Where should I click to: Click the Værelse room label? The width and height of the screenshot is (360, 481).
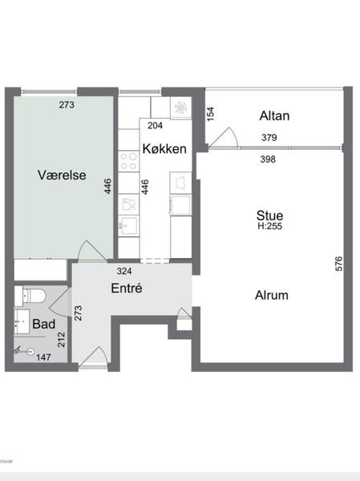pyautogui.click(x=61, y=174)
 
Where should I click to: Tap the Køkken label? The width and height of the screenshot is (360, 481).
pyautogui.click(x=165, y=148)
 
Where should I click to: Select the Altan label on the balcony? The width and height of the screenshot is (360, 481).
pyautogui.click(x=274, y=116)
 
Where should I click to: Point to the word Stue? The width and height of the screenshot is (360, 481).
pyautogui.click(x=269, y=215)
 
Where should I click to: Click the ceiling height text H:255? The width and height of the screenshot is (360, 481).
pyautogui.click(x=269, y=227)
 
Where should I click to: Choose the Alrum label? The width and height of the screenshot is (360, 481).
pyautogui.click(x=272, y=295)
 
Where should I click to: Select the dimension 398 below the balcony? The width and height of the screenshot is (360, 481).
pyautogui.click(x=269, y=159)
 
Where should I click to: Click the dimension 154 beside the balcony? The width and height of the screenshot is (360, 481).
pyautogui.click(x=211, y=115)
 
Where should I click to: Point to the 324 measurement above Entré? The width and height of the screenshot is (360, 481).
pyautogui.click(x=124, y=271)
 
